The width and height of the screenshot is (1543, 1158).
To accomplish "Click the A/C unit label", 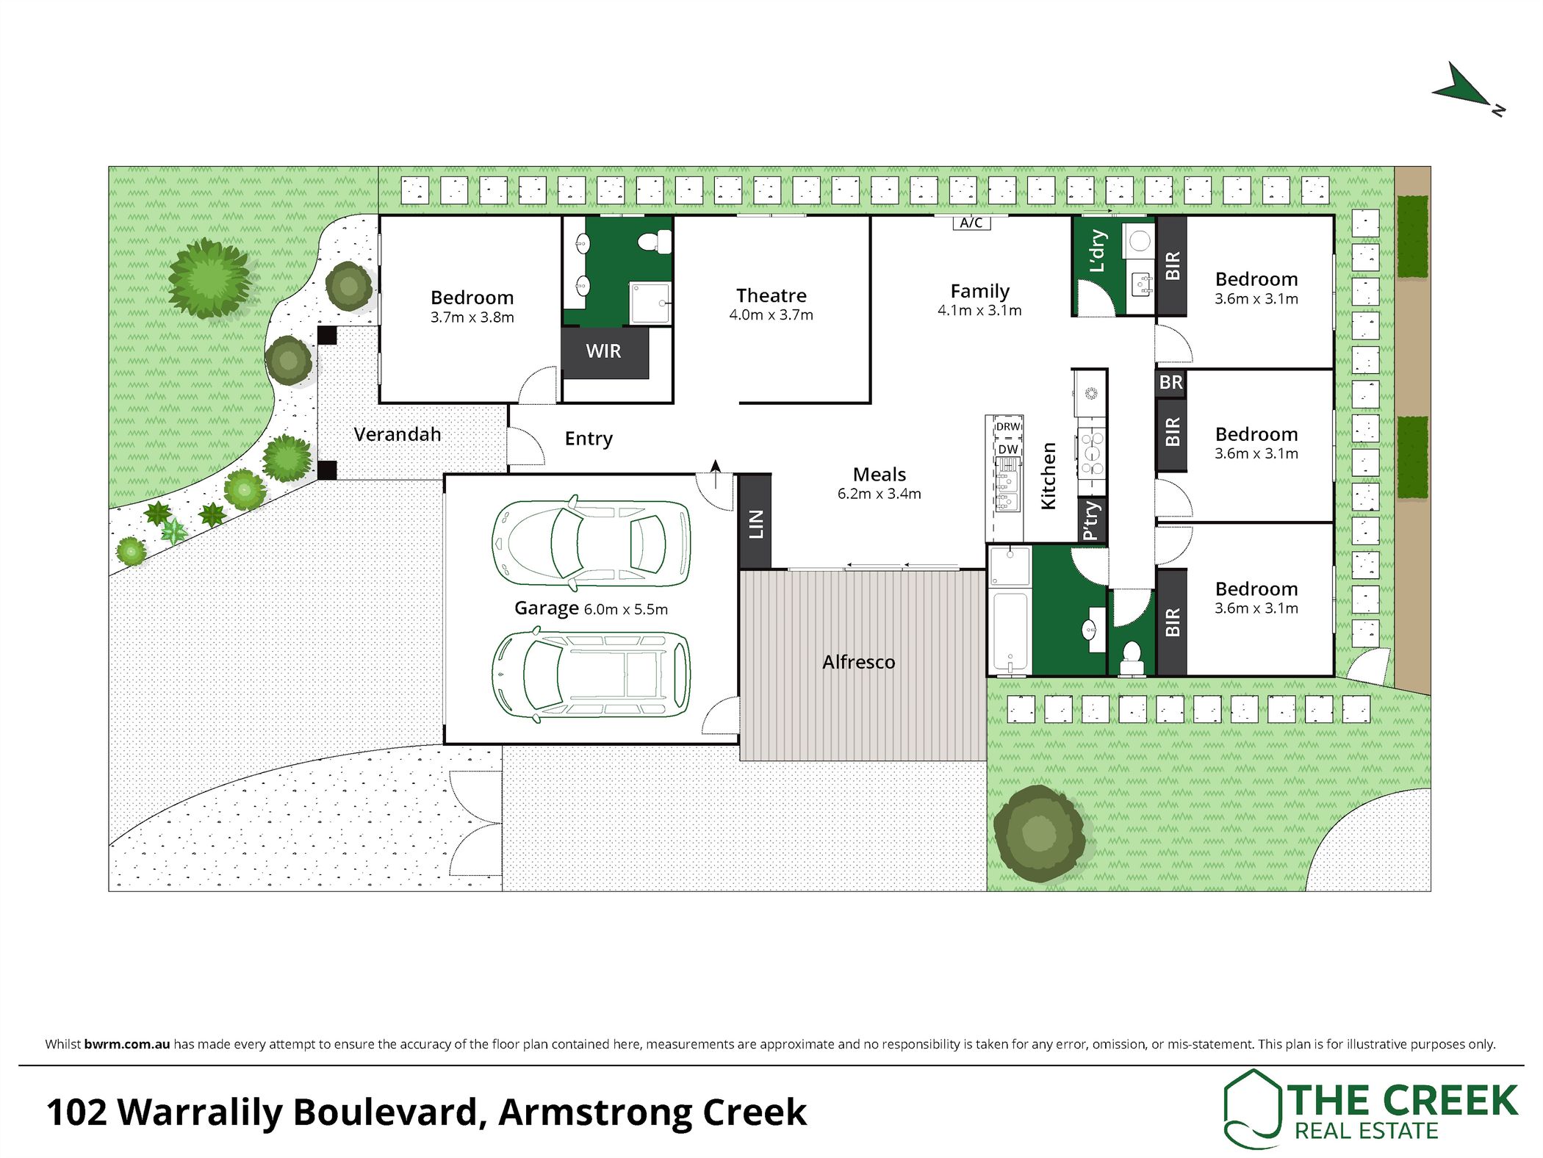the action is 971,223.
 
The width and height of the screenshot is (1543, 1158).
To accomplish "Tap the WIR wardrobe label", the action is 603,351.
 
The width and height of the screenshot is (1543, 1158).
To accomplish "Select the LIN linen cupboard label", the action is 755,524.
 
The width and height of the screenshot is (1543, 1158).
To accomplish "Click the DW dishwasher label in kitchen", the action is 1008,449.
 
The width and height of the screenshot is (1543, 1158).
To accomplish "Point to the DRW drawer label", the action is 1008,427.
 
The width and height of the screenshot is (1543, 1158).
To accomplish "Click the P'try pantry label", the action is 1092,520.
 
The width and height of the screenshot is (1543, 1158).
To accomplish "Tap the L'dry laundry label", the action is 1097,251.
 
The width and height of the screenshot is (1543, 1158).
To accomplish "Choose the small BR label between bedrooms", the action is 1170,382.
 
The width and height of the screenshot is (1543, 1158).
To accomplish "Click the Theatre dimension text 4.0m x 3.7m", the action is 771,315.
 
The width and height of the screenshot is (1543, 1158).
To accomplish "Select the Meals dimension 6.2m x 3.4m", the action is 879,494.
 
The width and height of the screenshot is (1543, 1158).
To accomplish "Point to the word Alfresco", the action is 858,662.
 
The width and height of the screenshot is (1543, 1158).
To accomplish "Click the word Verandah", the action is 397,434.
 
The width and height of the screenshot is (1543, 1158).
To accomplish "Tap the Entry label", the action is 589,439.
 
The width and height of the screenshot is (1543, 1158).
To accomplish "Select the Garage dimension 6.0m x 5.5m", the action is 625,609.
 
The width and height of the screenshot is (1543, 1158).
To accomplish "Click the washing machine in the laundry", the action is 1139,240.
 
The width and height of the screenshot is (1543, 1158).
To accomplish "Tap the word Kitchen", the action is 1049,475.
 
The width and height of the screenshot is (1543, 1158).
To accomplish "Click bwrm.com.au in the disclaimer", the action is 127,1044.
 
